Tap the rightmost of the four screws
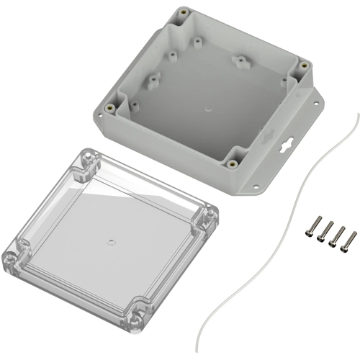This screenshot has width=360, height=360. [x=351, y=238]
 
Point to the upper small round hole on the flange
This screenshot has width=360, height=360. [x=313, y=104]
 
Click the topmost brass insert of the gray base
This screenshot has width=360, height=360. [x=182, y=13]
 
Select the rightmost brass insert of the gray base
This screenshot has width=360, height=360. [x=304, y=67]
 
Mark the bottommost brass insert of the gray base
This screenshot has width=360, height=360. [x=232, y=163]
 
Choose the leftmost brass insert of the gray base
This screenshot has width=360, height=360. [x=108, y=109]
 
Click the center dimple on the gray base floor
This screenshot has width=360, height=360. [x=207, y=110]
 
